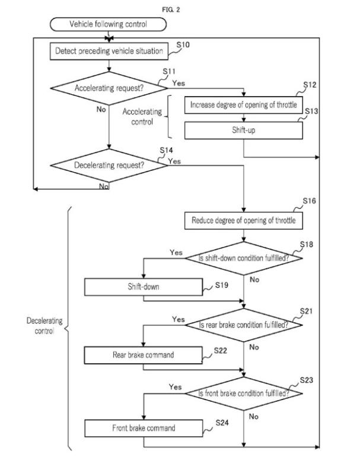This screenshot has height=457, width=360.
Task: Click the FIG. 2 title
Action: point(171,9)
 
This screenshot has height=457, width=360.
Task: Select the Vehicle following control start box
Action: point(108,24)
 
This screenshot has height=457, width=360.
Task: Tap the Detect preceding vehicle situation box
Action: point(109,51)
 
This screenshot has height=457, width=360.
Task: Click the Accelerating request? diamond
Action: point(109,88)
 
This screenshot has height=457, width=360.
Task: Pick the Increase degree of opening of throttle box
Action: point(244,105)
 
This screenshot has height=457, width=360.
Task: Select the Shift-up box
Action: point(244,130)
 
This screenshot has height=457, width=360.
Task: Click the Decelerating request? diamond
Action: point(109,165)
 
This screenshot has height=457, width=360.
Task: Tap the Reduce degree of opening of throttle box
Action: point(244,221)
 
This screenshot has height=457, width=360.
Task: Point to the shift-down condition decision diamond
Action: point(244,258)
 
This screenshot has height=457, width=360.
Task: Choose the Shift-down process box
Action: point(144,287)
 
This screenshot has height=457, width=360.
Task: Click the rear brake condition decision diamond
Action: point(244,325)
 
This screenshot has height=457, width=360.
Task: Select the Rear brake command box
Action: point(144,355)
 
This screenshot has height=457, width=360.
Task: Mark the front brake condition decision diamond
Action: point(244,393)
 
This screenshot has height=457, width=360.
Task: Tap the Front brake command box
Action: point(144,428)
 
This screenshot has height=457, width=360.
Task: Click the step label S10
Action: point(183,45)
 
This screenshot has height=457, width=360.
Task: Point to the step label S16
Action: point(309,201)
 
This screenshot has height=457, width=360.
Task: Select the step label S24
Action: point(222,423)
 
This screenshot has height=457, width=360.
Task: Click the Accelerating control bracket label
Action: point(142,116)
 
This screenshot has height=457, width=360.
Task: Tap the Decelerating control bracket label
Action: point(44,326)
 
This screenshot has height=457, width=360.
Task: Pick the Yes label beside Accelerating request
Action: point(179,83)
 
